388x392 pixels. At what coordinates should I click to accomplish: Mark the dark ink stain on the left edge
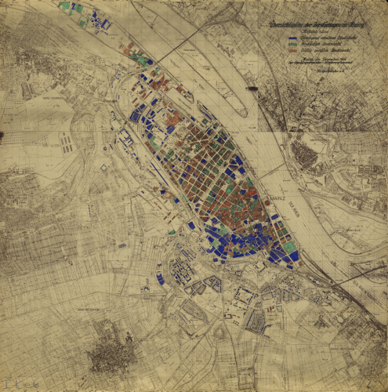2,136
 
